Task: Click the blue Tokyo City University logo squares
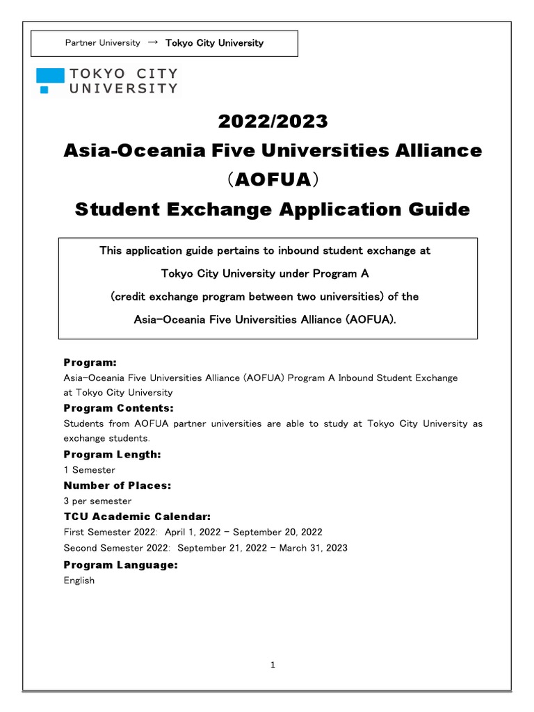point(50,80)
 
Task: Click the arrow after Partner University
point(153,42)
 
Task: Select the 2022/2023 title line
point(272,121)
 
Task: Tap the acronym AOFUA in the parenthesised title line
point(273,180)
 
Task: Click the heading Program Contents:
point(118,408)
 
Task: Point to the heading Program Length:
point(112,454)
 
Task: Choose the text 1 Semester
point(89,470)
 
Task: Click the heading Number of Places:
point(117,485)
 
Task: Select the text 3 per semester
point(97,501)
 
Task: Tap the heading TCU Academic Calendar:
point(137,517)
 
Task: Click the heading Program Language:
point(120,565)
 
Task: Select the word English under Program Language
point(79,581)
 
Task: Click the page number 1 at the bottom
point(273,665)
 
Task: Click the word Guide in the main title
point(439,209)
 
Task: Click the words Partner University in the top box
point(102,43)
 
